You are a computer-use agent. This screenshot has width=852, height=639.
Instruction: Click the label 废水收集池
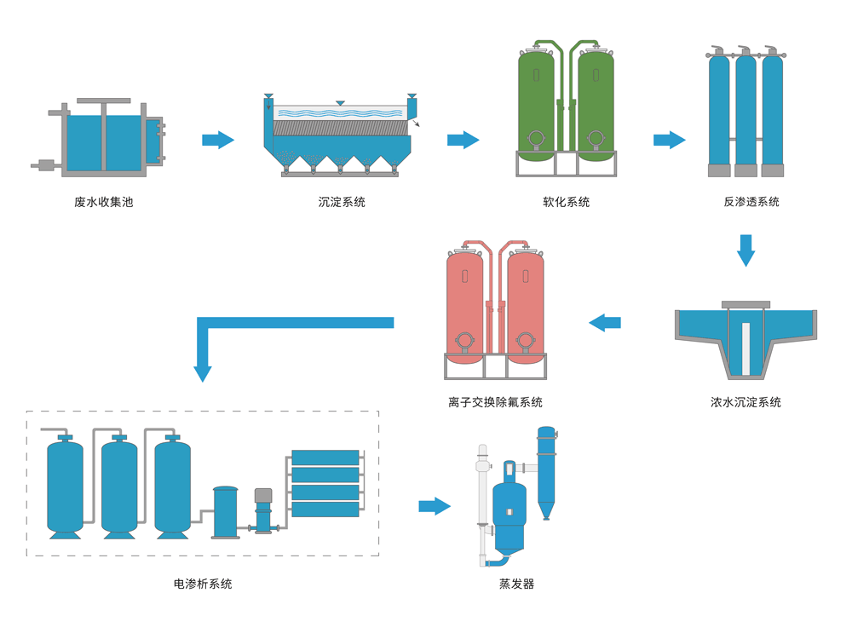coord(104,202)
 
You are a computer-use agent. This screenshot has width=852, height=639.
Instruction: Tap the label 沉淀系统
coord(342,202)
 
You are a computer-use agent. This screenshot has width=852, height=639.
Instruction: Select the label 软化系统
coord(566,202)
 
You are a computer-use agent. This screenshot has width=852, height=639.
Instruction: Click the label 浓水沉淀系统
coord(745,402)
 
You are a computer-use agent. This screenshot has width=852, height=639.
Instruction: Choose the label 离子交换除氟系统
coord(495,402)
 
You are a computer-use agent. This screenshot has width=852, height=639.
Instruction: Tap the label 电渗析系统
coord(203,584)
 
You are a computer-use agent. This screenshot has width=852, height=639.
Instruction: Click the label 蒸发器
coord(516,584)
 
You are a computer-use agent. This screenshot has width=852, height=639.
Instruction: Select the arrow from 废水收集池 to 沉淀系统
coord(218,140)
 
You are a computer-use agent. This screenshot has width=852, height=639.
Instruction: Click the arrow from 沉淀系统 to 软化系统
coord(463,140)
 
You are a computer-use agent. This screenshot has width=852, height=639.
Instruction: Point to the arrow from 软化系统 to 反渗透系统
coord(670,140)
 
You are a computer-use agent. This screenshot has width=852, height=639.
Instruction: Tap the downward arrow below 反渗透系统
coord(745,250)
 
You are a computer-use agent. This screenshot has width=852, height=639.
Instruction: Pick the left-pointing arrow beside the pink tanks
coord(605,323)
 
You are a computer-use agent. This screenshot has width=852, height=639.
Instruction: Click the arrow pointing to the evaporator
coord(435,506)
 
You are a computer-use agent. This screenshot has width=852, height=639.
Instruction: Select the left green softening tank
coord(536,102)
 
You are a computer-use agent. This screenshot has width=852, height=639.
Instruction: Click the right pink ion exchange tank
coord(526,302)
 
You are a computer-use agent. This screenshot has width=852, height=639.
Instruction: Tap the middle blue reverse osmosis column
coord(745,111)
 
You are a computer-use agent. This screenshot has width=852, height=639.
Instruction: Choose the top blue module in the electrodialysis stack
coord(325,458)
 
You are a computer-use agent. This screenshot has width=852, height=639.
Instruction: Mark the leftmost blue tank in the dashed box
coord(66,486)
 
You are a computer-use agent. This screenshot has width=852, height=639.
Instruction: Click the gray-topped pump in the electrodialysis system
coord(263,511)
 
